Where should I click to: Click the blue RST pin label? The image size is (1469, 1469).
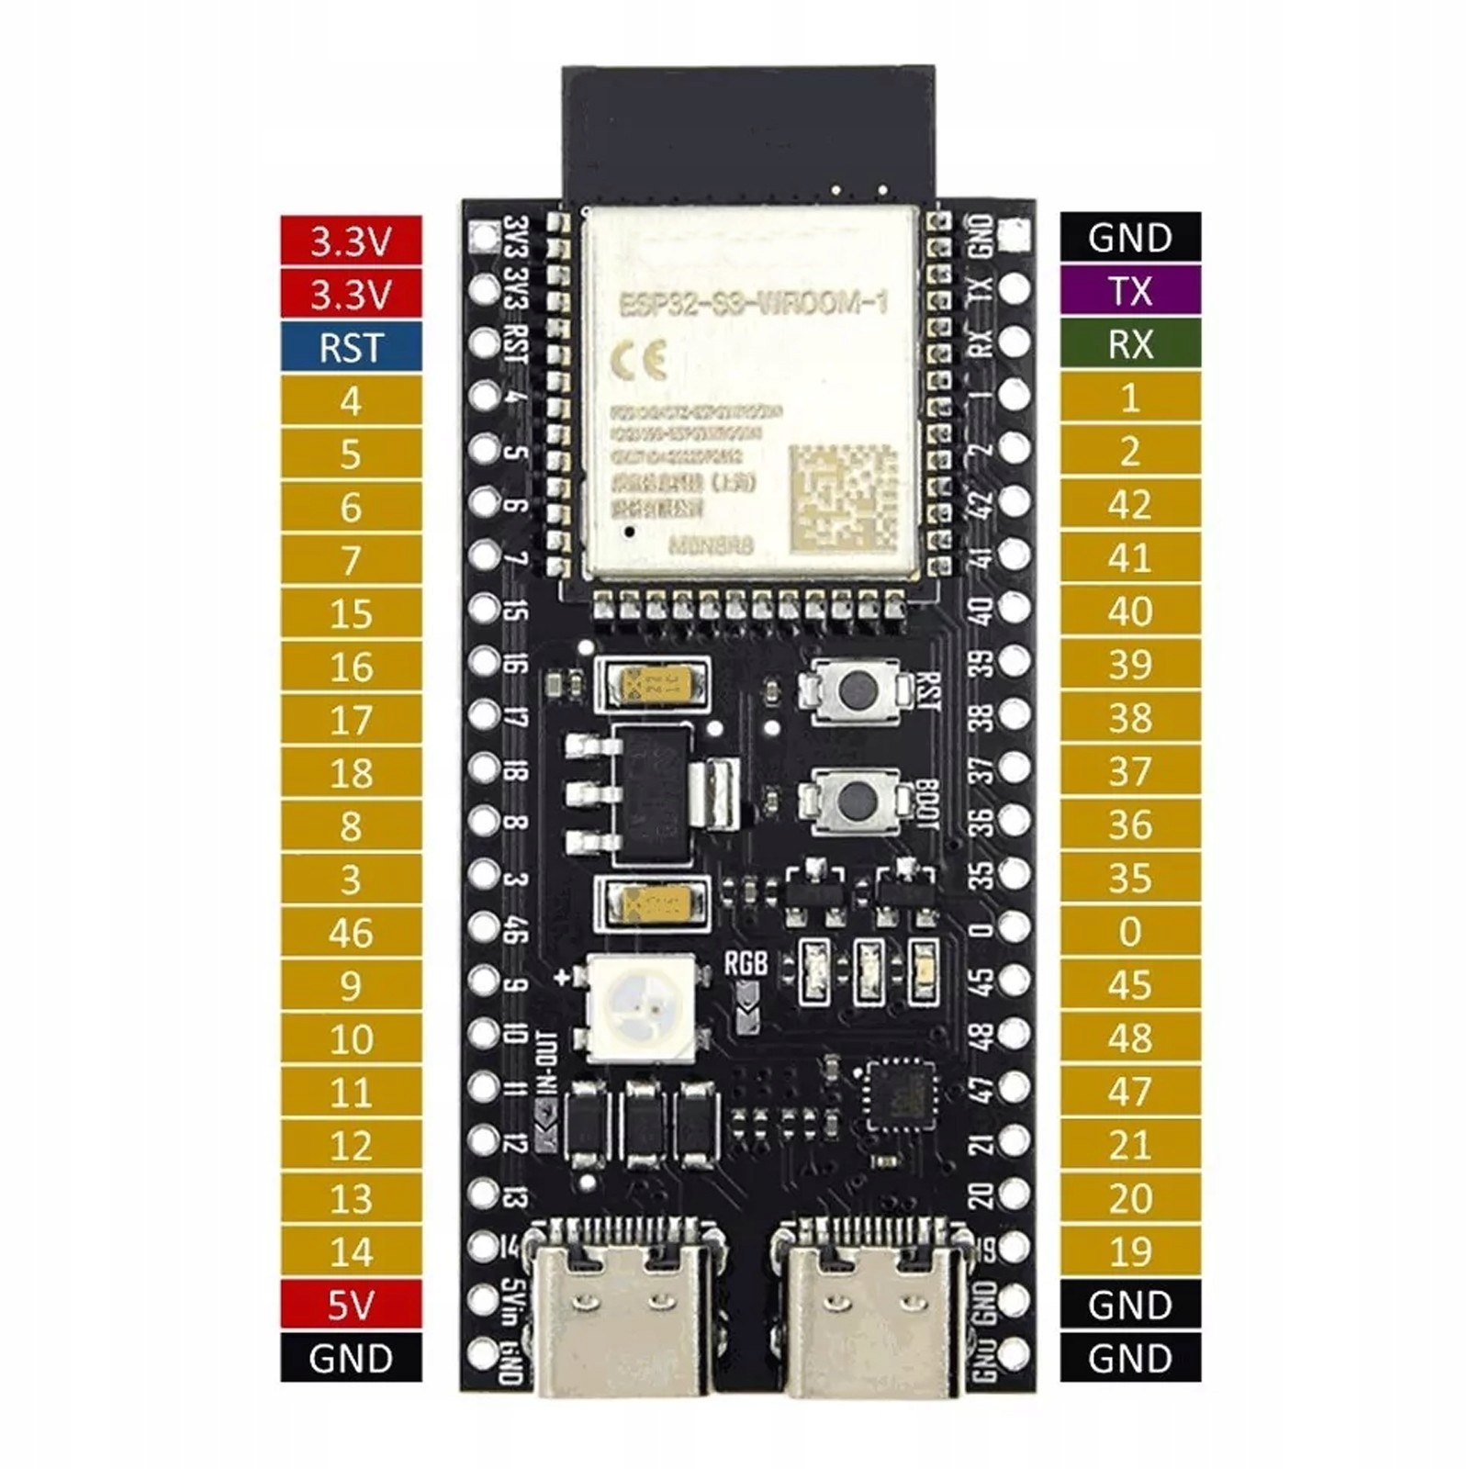(351, 348)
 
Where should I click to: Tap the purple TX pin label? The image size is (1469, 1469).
(1130, 291)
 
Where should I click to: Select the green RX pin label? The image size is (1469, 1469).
(1130, 344)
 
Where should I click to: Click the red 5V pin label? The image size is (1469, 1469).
(351, 1305)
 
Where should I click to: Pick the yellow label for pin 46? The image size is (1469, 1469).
(351, 933)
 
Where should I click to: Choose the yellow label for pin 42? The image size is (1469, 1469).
(1130, 505)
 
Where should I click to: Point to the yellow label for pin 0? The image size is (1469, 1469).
(1130, 932)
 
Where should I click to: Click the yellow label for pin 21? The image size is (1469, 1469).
(1130, 1145)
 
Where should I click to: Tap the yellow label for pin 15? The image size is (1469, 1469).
(351, 613)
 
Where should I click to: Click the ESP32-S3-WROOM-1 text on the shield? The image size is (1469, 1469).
(753, 303)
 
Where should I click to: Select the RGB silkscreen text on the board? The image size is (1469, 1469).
(746, 963)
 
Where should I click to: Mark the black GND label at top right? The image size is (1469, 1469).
(1130, 238)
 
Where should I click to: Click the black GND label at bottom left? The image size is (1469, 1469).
(351, 1358)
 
